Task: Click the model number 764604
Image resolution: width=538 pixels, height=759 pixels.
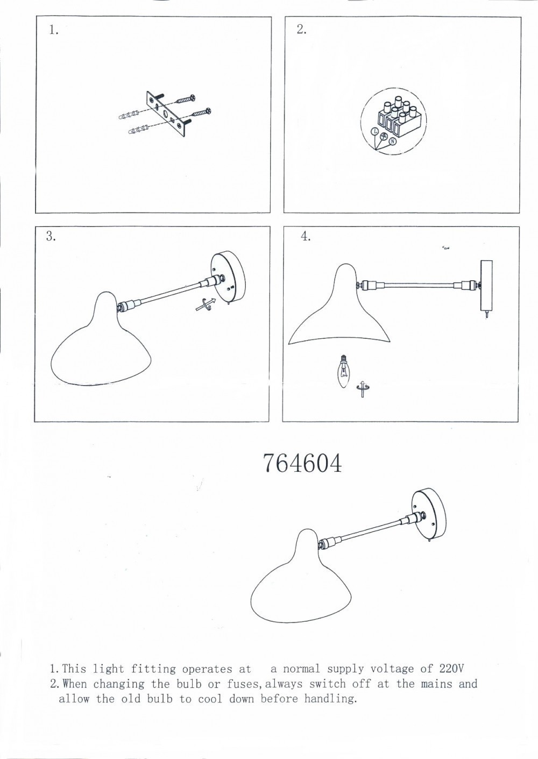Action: (302, 463)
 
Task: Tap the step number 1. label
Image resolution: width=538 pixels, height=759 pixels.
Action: (53, 30)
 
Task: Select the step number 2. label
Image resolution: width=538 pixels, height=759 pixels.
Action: (301, 30)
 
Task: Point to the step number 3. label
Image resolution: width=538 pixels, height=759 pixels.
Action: (51, 237)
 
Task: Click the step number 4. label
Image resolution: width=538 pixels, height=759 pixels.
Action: (305, 237)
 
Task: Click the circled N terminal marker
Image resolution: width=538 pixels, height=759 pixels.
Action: (392, 141)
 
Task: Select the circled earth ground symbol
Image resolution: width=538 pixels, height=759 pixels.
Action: (384, 136)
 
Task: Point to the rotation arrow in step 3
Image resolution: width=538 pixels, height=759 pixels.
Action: (206, 303)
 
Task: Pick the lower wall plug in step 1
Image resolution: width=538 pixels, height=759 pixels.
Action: (140, 129)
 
